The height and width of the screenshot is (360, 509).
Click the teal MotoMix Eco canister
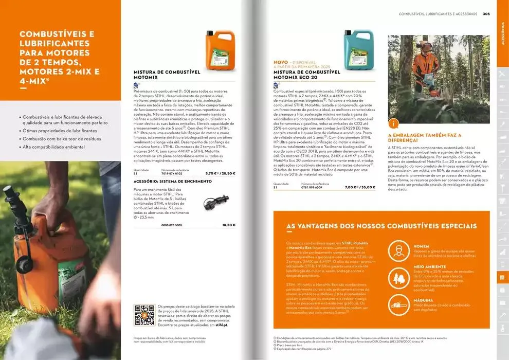point(358,50)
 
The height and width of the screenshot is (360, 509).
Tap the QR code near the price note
point(144,315)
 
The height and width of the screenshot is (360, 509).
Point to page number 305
point(486,14)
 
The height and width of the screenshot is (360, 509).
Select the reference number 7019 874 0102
point(172,173)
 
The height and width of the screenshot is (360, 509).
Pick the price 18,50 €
point(228,225)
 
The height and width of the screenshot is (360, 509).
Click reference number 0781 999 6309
point(312,187)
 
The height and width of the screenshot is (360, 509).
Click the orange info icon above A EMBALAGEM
point(393,123)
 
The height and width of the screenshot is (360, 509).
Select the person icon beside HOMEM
point(398,251)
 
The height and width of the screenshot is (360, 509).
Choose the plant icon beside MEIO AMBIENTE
point(398,278)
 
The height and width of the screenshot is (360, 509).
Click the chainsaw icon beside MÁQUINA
point(398,305)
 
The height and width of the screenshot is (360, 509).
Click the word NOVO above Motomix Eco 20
point(281,62)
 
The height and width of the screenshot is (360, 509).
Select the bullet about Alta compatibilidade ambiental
point(53,147)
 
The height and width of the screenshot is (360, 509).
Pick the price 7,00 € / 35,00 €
point(360,187)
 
